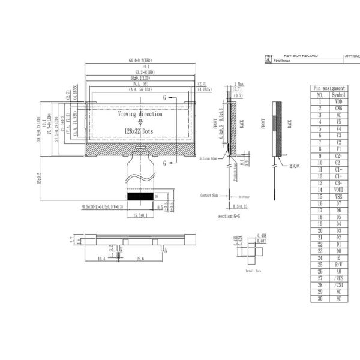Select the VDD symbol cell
(338, 101)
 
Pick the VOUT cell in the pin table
(338, 190)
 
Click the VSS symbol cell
(338, 197)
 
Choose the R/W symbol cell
(338, 264)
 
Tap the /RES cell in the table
(338, 278)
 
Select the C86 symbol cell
(338, 108)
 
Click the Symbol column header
(338, 95)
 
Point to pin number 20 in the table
(320, 230)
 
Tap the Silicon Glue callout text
(209, 158)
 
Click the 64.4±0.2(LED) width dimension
(140, 61)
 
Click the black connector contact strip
(141, 196)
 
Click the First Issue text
(281, 61)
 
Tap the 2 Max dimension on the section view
(239, 84)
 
